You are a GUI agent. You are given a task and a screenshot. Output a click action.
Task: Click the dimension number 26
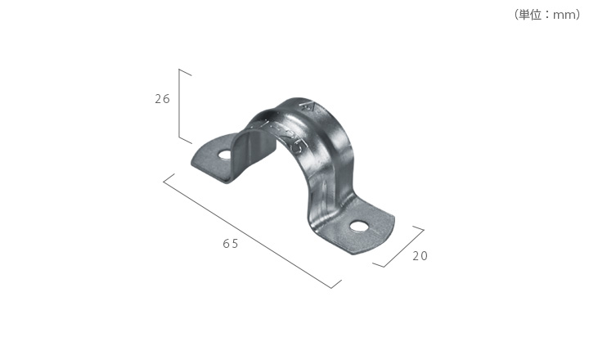click(162, 99)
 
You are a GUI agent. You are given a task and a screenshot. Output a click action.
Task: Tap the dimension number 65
click(230, 244)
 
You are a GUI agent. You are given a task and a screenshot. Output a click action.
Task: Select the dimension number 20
click(420, 256)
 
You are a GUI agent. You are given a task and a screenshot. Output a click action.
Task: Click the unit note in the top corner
click(547, 15)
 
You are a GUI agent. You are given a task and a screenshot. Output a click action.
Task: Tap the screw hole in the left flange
click(225, 155)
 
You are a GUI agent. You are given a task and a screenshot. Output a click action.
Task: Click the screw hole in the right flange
click(359, 226)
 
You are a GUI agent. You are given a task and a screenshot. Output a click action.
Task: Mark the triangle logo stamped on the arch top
click(308, 106)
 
